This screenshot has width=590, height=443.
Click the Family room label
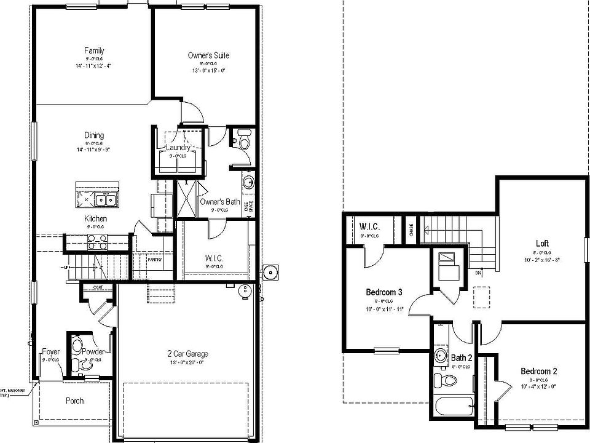point(94,50)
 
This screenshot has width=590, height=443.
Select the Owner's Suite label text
point(208,55)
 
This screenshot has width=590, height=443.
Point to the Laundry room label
point(178,148)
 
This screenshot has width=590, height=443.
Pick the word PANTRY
point(154,260)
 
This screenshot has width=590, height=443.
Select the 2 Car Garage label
point(187,354)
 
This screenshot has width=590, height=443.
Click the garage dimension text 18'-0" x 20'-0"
point(187,363)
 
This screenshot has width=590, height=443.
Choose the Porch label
point(74,401)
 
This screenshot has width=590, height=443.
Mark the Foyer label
point(50,352)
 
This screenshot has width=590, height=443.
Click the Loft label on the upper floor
point(541,243)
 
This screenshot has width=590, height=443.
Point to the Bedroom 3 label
point(384,292)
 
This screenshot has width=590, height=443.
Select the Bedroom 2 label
point(538,371)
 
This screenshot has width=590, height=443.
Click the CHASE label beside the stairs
point(411,229)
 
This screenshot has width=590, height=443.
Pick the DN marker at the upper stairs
point(478,273)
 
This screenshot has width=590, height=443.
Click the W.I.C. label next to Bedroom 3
point(369,227)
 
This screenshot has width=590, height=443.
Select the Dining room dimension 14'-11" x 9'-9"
point(94,150)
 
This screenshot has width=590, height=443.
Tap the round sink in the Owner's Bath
point(248,182)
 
